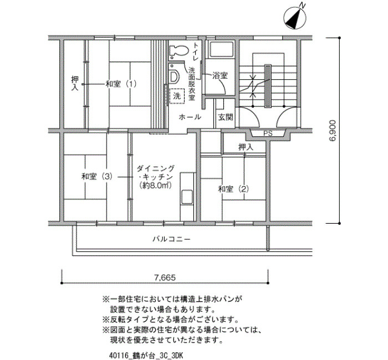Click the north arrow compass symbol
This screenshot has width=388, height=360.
(x=295, y=17)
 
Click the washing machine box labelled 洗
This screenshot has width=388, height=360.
(x=177, y=96)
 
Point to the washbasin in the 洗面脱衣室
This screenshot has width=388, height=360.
(x=174, y=76)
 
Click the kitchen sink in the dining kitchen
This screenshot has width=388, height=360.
(x=187, y=197)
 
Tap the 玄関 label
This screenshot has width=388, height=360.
(x=226, y=117)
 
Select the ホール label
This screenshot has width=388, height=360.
(x=190, y=117)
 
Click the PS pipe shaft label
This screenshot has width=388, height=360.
(x=268, y=133)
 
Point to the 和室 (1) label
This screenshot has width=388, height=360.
(x=121, y=84)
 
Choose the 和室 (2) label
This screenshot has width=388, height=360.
(x=233, y=189)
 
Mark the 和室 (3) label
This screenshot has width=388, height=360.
(x=97, y=177)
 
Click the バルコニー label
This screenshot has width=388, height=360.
(x=171, y=239)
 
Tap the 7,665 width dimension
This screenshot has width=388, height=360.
(x=165, y=277)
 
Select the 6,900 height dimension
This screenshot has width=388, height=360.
(x=333, y=131)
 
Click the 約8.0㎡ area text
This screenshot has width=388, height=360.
(x=155, y=185)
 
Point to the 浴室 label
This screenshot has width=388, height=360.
(x=220, y=76)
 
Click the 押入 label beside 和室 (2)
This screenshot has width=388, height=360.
(x=246, y=147)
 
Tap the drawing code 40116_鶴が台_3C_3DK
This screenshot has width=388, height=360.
(x=146, y=356)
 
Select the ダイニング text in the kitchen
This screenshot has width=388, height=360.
(x=156, y=168)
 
